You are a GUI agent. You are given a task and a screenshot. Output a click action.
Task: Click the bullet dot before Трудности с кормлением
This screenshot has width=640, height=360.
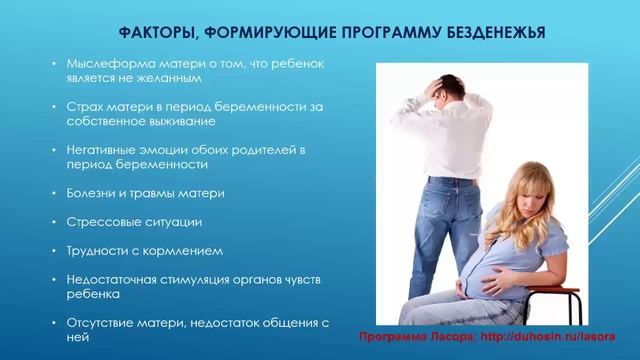[x=57, y=250]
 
